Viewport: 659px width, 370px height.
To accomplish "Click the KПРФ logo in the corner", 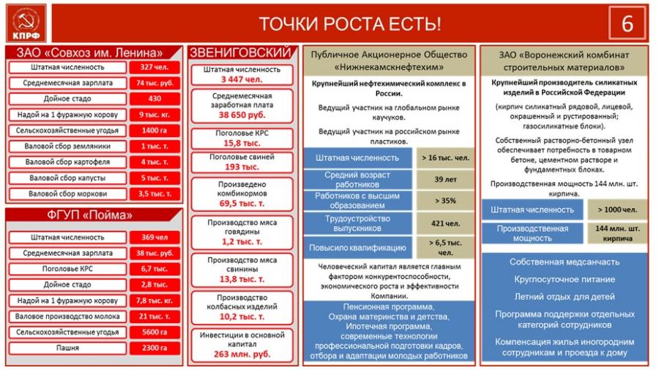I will tap(26, 23).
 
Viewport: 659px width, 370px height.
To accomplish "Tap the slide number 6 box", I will tap(628, 23).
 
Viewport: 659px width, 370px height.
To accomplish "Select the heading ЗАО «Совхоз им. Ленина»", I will tap(95, 53).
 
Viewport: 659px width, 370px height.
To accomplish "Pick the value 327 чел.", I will tap(154, 67).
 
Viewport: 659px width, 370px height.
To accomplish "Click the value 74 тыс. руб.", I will tap(154, 83).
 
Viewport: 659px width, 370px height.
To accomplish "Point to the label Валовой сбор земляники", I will tap(67, 146).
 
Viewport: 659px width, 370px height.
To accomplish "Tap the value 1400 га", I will tap(154, 130).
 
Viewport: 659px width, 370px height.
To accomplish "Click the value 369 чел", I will tap(154, 237).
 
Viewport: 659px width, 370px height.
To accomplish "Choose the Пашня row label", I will tap(67, 348).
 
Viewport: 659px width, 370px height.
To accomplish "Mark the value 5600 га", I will tap(154, 332).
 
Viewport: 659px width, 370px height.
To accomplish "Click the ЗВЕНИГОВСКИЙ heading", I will tap(242, 53).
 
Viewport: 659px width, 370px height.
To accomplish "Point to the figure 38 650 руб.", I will tap(242, 116).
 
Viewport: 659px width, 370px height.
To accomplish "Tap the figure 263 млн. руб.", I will tap(242, 354).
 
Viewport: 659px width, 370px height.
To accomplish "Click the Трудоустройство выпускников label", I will tap(358, 223).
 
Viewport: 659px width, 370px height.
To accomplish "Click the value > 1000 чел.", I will tap(617, 210).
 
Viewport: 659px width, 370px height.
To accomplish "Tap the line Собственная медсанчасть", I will tap(563, 262).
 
